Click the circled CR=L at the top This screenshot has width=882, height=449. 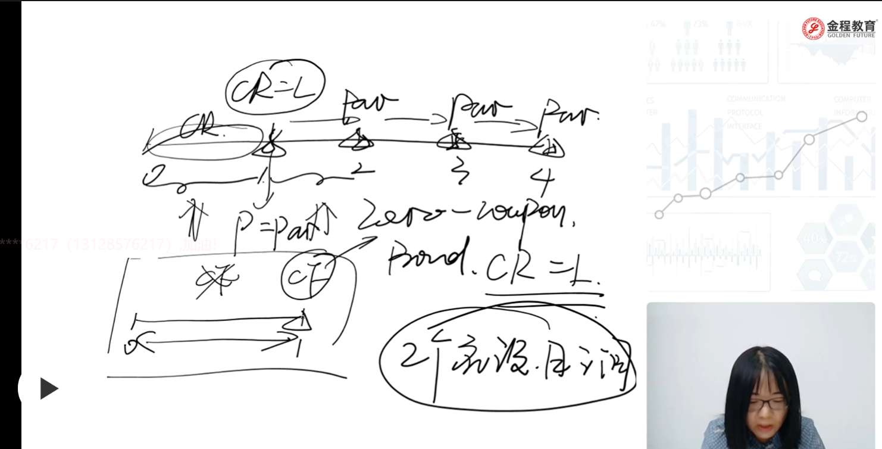tap(275, 89)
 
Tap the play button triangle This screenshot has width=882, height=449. tap(48, 389)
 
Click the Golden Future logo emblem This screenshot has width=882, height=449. tap(813, 28)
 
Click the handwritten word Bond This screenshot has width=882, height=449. tap(426, 260)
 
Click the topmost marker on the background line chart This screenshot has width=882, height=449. tap(861, 116)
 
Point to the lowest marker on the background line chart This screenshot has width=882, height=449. tap(659, 214)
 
